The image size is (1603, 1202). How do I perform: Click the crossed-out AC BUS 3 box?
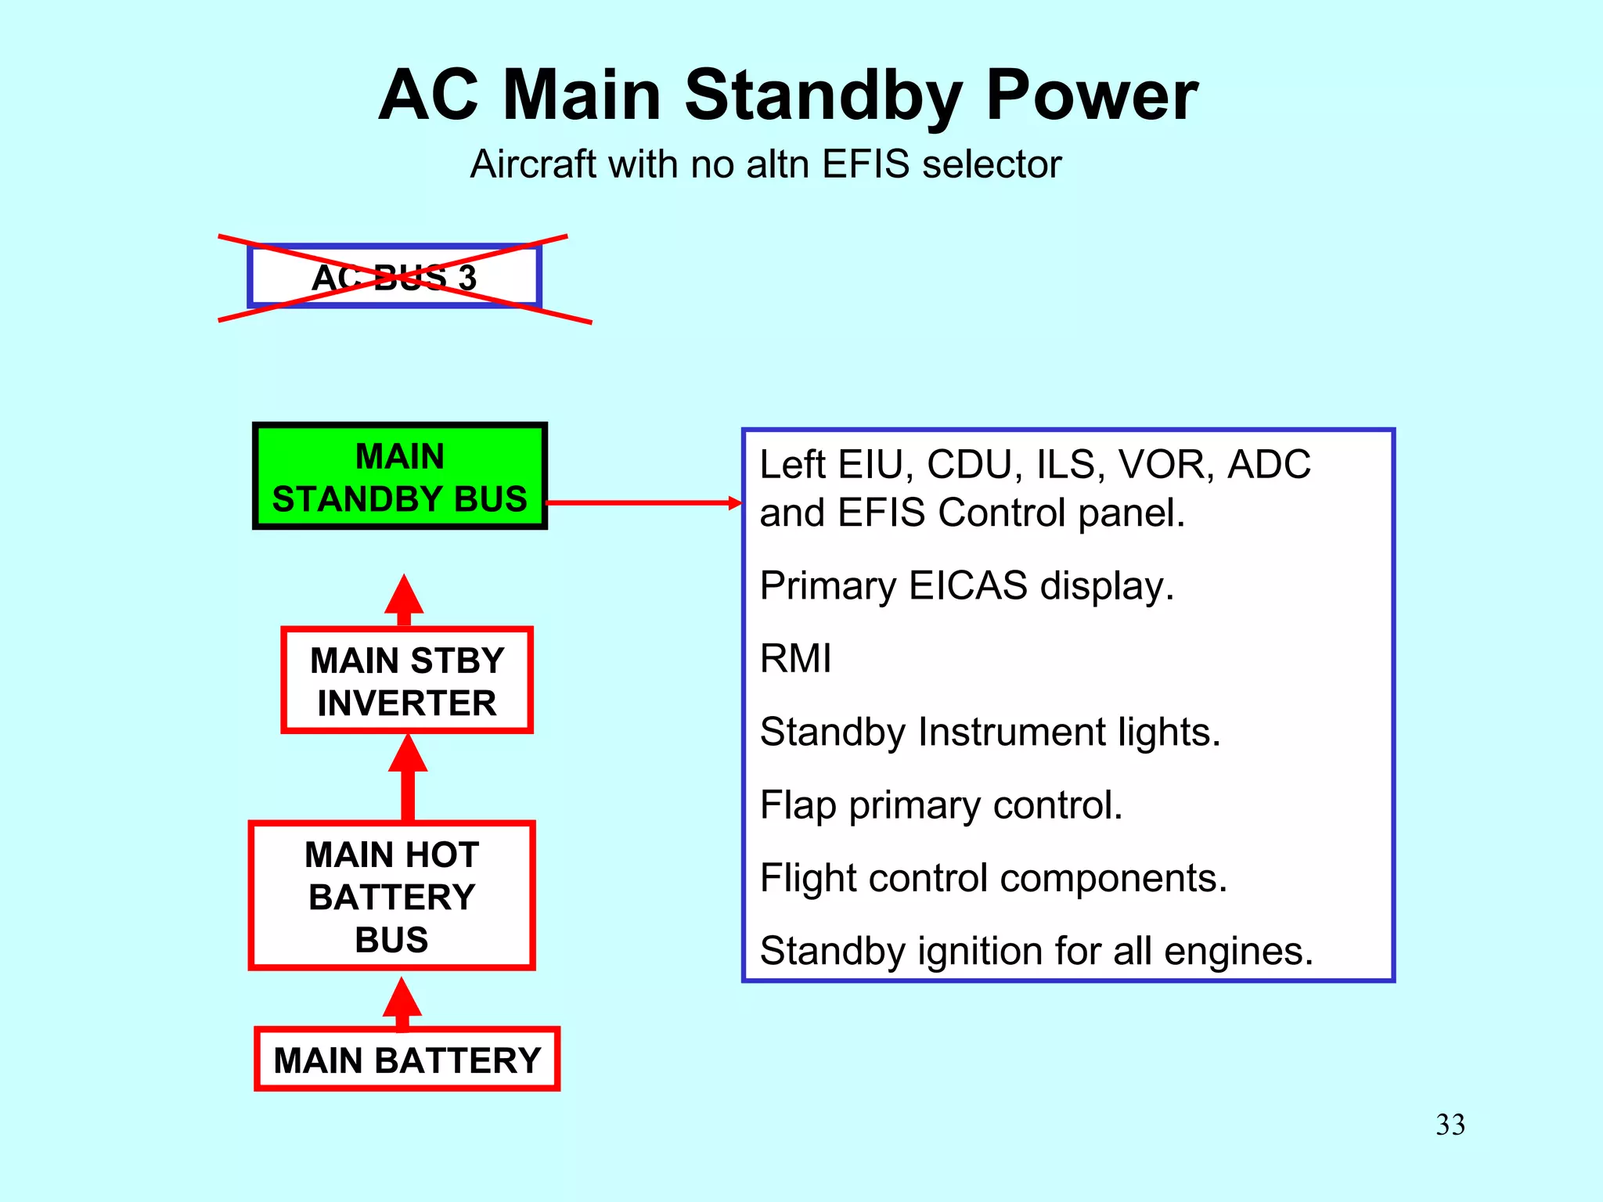pos(394,277)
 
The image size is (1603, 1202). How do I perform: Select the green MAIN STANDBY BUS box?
pos(399,477)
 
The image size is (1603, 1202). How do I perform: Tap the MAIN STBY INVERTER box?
pos(407,681)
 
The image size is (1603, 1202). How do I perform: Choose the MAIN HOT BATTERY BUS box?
pos(392,896)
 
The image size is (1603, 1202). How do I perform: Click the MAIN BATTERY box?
pos(407,1060)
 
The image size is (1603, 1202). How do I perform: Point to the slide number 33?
pos(1450,1125)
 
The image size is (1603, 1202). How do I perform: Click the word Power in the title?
pos(1092,95)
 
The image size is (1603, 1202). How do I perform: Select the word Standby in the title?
pos(823,95)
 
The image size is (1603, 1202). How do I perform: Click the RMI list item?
pos(795,658)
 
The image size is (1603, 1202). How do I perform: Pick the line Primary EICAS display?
pos(967,585)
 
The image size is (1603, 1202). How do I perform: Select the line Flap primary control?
pos(941,804)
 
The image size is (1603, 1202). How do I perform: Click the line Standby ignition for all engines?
pos(1036,951)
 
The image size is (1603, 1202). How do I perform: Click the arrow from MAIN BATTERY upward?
pos(402,1003)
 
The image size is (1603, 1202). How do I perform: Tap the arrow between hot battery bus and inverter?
pos(408,778)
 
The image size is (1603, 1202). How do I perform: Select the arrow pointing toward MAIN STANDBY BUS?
pos(404,599)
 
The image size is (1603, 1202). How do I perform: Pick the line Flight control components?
pos(992,877)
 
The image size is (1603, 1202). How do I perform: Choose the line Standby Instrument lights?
pos(989,732)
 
